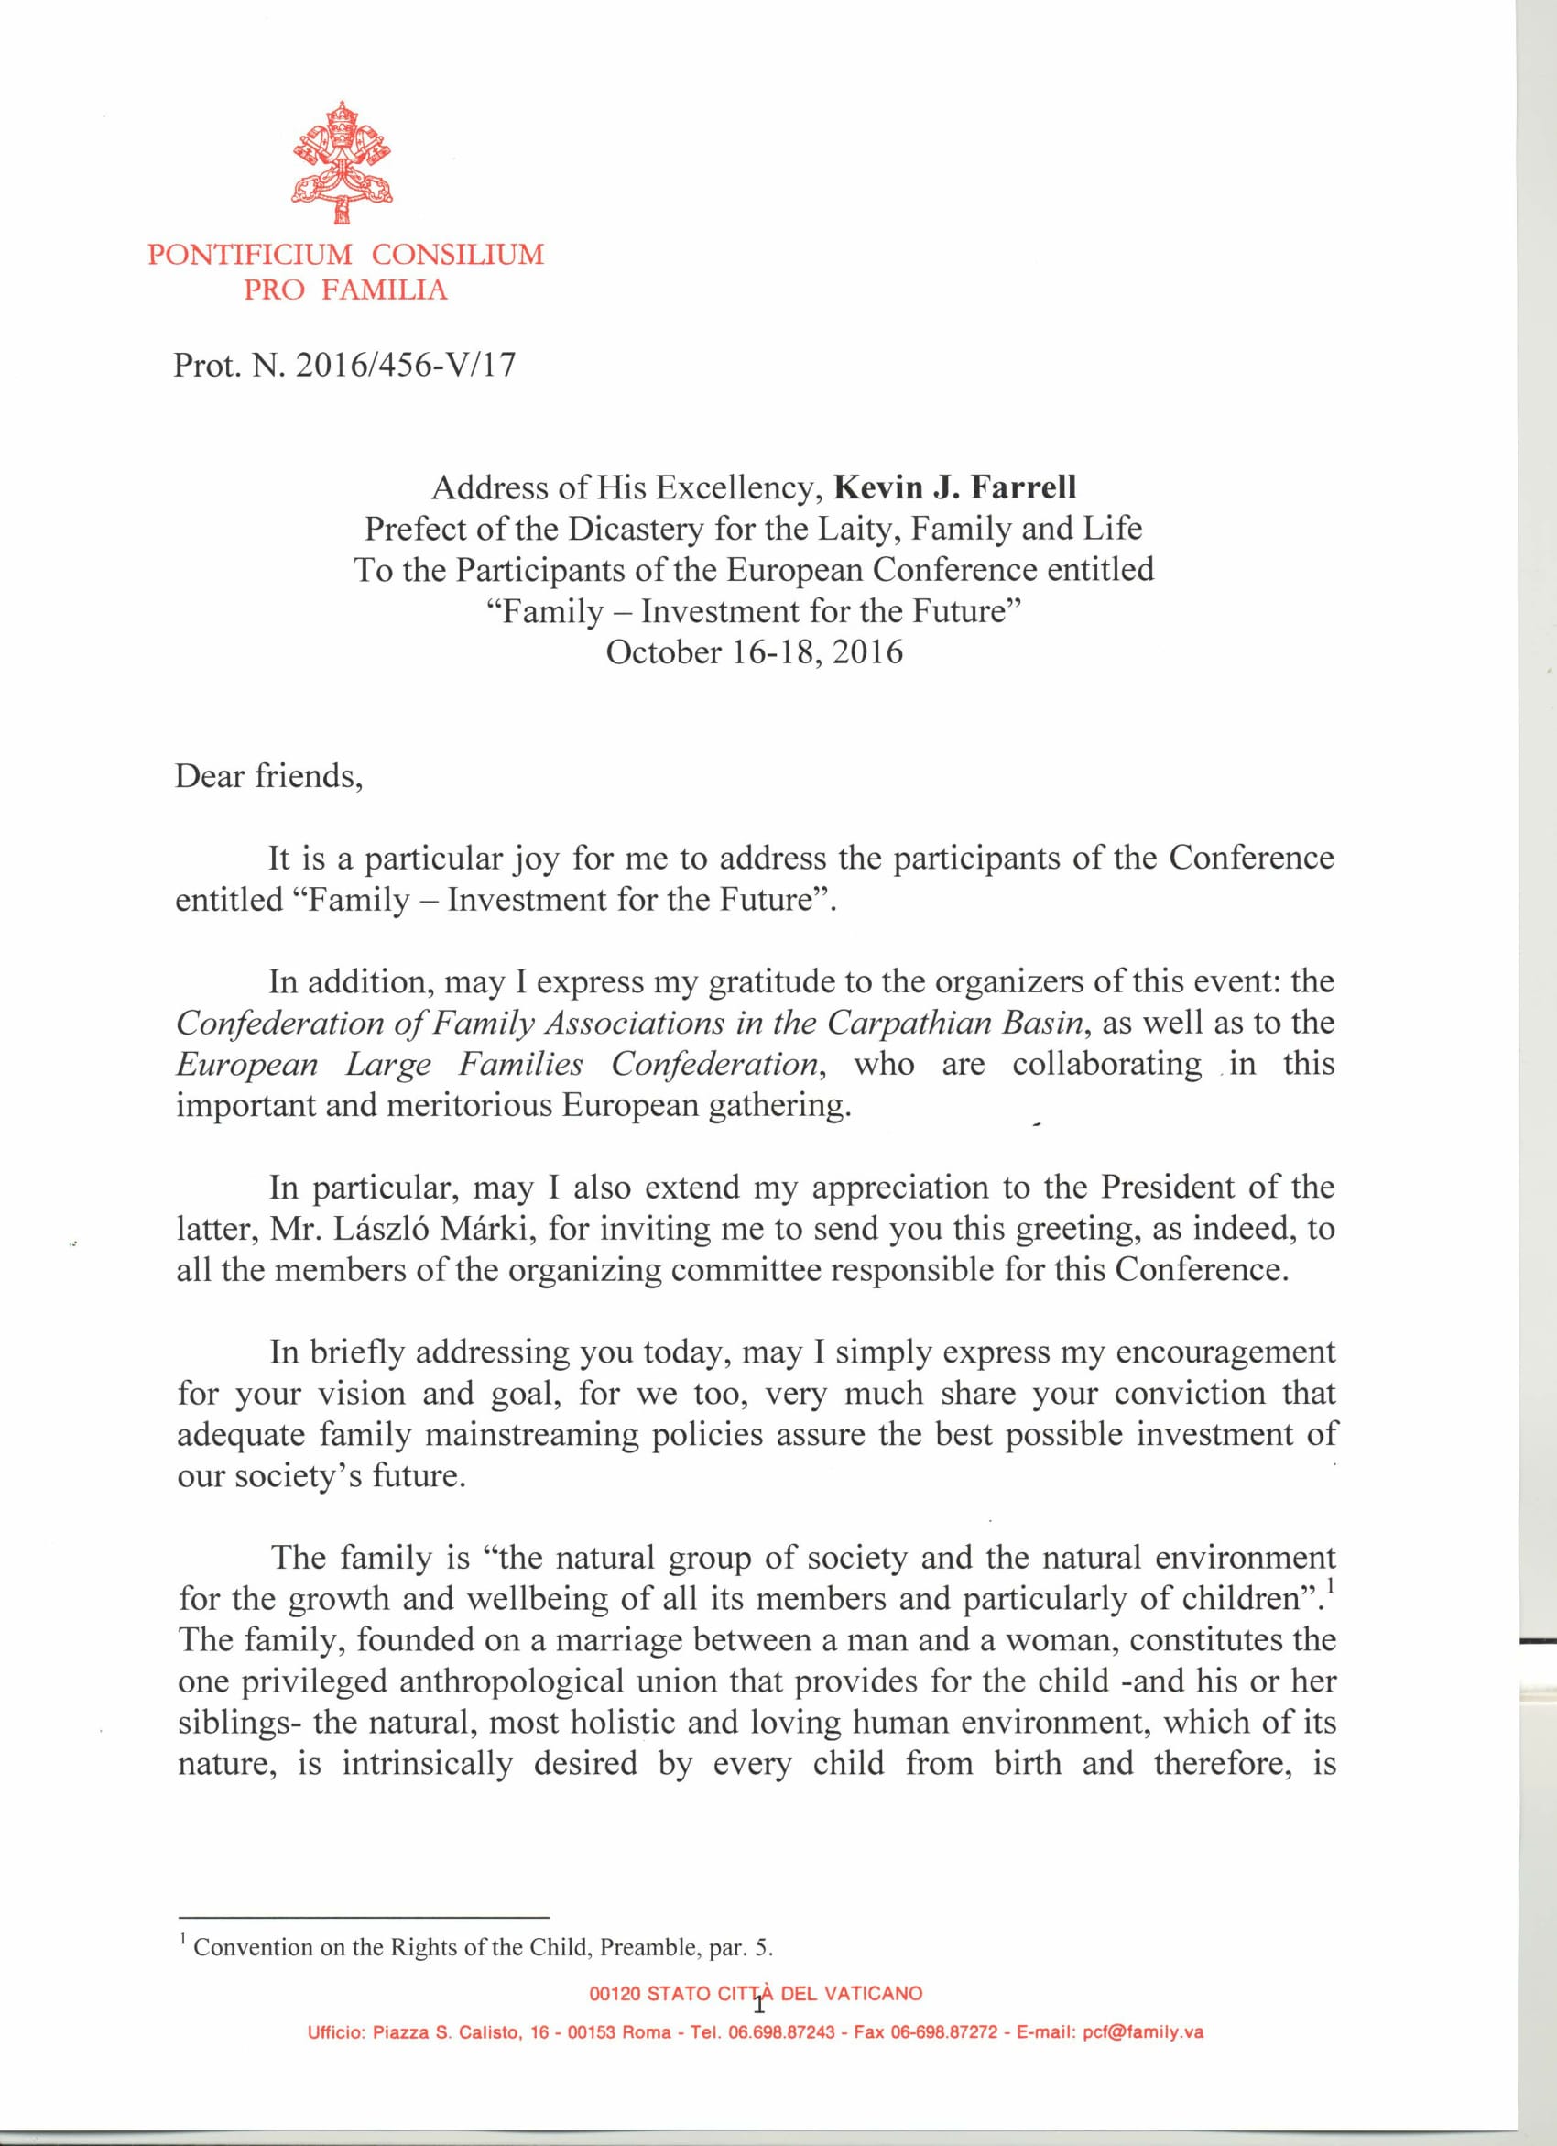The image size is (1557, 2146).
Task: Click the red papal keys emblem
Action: pos(341,163)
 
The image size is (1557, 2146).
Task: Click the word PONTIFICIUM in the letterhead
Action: pos(250,255)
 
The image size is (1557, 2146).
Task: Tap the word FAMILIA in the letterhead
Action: pos(384,290)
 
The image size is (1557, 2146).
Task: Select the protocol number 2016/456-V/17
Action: pos(406,366)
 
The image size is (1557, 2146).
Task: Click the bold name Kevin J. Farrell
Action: pos(954,487)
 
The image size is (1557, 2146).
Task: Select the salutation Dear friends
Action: pos(267,776)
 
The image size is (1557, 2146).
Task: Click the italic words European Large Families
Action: pos(379,1065)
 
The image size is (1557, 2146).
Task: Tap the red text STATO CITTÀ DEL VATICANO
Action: pos(784,1994)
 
